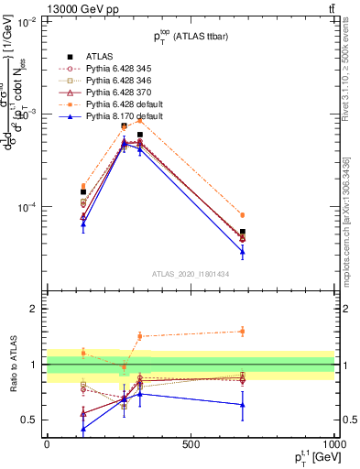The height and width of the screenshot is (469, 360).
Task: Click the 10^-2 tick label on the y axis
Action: (27, 22)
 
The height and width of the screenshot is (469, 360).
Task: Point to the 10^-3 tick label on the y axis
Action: (27, 115)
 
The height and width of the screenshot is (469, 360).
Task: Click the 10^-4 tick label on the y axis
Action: (27, 207)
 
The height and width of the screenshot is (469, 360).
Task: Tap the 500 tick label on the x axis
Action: (191, 445)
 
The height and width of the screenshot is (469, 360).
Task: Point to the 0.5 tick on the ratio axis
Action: (30, 420)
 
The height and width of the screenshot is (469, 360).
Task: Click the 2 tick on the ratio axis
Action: (34, 309)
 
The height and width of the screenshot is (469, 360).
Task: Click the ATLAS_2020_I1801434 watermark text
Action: (191, 274)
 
